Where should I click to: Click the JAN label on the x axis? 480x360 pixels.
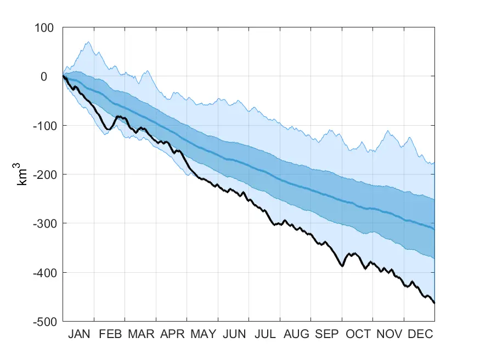[x=79, y=334]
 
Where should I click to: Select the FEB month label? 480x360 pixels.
[x=110, y=334]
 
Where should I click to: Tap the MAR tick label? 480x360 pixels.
[x=140, y=334]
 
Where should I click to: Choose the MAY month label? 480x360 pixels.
[x=202, y=334]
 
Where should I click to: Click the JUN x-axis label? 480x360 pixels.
[x=234, y=334]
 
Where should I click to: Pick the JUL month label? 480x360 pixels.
[x=264, y=334]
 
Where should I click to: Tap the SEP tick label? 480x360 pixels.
[x=326, y=334]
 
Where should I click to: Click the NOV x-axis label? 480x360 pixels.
[x=388, y=334]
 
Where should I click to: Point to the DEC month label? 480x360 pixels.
[x=419, y=334]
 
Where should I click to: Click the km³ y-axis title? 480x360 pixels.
[x=23, y=174]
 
